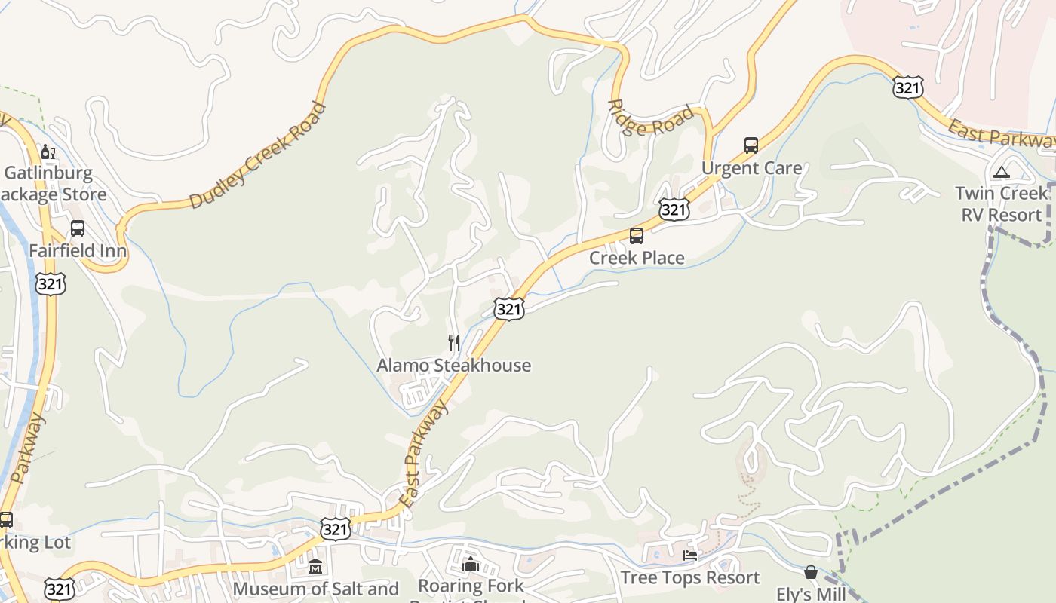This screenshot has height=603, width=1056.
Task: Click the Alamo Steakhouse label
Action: (x=453, y=366)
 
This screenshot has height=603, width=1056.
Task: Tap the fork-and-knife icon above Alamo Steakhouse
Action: (x=453, y=343)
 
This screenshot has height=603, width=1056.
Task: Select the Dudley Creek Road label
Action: (x=257, y=155)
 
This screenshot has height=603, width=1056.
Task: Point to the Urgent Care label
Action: (x=751, y=168)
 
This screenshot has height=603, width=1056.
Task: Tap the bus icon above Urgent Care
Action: (x=751, y=145)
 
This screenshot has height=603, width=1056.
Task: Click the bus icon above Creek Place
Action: (x=637, y=236)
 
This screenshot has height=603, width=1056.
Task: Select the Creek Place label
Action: (x=637, y=258)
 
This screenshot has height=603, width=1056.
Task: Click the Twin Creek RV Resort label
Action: (x=1001, y=204)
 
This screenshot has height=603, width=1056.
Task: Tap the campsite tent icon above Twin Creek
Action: (x=1001, y=172)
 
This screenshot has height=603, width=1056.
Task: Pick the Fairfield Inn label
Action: (x=77, y=250)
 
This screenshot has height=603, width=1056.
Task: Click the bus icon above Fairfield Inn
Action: (x=77, y=228)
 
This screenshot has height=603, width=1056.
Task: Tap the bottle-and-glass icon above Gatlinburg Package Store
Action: (x=48, y=152)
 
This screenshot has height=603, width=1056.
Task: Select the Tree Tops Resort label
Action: (x=689, y=577)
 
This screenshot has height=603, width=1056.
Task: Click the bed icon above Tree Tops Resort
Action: (x=689, y=556)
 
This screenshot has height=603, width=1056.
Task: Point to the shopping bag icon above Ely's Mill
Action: (x=811, y=573)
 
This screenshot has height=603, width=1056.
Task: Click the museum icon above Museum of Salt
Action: (x=315, y=567)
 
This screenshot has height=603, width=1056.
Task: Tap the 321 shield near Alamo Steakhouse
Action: (x=509, y=308)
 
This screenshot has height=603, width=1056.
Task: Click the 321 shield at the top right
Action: (x=907, y=87)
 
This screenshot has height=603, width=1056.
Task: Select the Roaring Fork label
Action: (x=471, y=586)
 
